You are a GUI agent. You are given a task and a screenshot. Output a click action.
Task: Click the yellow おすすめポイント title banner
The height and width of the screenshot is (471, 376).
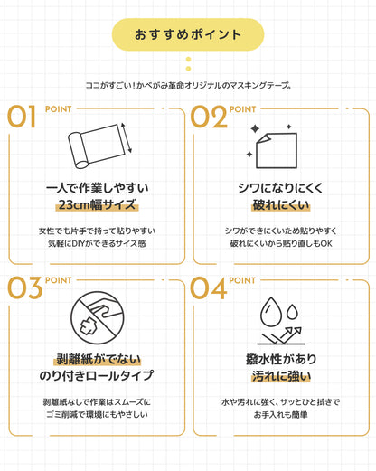point(188,34)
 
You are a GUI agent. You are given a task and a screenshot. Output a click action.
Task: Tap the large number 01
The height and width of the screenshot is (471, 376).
point(22,117)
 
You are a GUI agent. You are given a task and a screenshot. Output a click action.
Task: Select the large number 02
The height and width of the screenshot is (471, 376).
point(209,117)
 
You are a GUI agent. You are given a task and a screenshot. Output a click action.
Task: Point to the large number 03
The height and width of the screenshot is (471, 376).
point(24,288)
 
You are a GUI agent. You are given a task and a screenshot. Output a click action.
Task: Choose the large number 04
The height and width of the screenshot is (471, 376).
point(208,288)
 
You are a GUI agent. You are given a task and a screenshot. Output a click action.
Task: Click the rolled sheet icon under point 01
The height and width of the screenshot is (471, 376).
point(97,146)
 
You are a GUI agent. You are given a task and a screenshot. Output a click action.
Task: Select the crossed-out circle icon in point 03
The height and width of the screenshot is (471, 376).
point(98,317)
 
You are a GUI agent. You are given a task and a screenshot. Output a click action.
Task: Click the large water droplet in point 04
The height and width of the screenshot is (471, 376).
point(271,312)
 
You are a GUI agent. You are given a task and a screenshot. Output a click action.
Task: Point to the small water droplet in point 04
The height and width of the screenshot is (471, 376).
point(292,312)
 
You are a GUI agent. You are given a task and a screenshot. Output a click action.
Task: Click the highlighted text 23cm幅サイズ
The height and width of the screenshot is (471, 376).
point(97,204)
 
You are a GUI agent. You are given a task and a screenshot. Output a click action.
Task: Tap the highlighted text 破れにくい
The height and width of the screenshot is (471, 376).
point(281,205)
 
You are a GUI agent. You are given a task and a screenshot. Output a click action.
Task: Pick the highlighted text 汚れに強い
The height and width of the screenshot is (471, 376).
point(281,376)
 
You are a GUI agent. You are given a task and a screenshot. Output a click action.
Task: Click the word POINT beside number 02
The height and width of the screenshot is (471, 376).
point(242,109)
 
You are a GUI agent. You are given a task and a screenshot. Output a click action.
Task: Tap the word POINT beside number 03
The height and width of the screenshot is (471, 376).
point(59,280)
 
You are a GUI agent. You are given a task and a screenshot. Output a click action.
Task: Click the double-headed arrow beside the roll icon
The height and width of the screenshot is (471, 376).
point(127,137)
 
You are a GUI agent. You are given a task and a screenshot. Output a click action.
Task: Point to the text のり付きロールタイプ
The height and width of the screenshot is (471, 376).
point(97,375)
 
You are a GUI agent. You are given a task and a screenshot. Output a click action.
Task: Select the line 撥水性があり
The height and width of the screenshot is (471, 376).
point(281,359)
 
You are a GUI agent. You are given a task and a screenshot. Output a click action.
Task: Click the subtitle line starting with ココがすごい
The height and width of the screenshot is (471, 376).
point(188,86)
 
